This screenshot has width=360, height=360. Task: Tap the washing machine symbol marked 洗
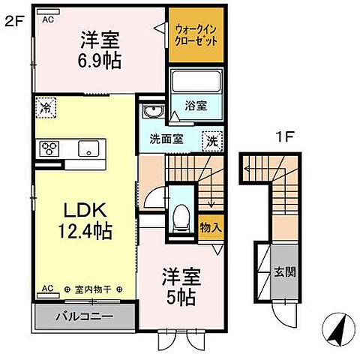(x=212, y=139)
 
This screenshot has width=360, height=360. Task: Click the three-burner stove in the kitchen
(x=50, y=148)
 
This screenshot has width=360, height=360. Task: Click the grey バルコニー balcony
(x=84, y=316)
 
